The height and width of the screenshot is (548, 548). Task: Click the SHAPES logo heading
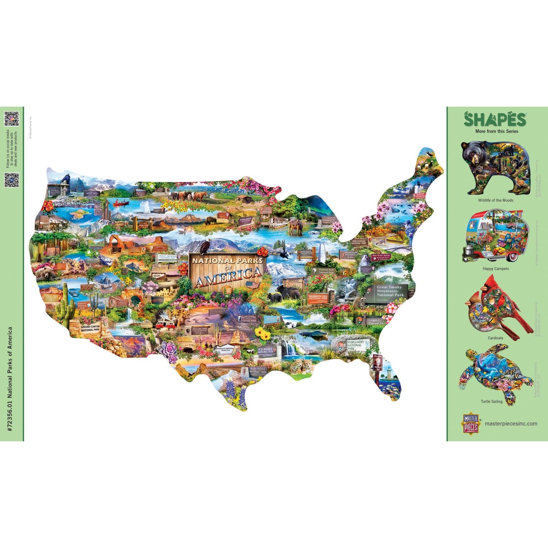click(x=495, y=119)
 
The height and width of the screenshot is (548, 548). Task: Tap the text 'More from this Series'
click(x=496, y=132)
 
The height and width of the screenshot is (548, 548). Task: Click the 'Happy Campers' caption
click(x=496, y=269)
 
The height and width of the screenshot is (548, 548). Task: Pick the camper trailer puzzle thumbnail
click(x=491, y=236)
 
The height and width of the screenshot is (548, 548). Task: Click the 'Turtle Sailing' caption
click(x=491, y=402)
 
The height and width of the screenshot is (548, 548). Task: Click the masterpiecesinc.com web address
click(x=511, y=424)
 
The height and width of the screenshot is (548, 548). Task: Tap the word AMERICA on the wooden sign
click(x=229, y=273)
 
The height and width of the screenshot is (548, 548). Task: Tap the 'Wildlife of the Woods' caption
click(x=496, y=200)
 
